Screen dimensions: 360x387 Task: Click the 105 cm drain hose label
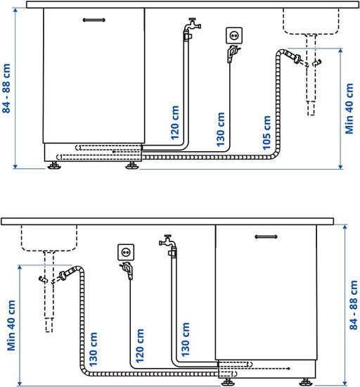266,133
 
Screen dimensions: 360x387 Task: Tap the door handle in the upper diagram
94,20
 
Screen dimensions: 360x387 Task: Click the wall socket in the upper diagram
234,36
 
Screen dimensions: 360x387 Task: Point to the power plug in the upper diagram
232,53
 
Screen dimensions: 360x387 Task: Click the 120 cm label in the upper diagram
175,122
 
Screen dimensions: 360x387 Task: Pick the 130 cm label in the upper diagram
221,129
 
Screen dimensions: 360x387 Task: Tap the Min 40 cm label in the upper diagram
349,109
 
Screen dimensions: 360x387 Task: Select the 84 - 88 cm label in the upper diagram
6,89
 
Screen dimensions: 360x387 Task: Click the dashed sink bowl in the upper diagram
311,22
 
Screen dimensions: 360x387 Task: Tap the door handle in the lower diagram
266,237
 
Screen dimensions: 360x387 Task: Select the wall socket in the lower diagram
126,252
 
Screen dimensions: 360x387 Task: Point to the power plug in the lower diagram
127,270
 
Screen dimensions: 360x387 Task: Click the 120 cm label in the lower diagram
140,345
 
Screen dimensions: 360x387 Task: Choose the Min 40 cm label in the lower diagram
11,325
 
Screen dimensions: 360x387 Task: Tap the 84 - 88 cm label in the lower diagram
354,305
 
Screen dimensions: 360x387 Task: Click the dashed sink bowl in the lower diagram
49,238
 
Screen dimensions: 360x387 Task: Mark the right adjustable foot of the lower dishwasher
306,382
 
